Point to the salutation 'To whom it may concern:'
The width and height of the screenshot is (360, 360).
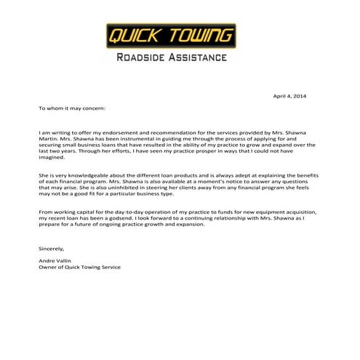coord(72,108)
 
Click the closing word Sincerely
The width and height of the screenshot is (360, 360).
coord(52,248)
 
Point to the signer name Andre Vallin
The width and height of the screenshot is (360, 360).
coord(55,260)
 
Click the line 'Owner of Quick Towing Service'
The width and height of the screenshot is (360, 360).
coord(79,267)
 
